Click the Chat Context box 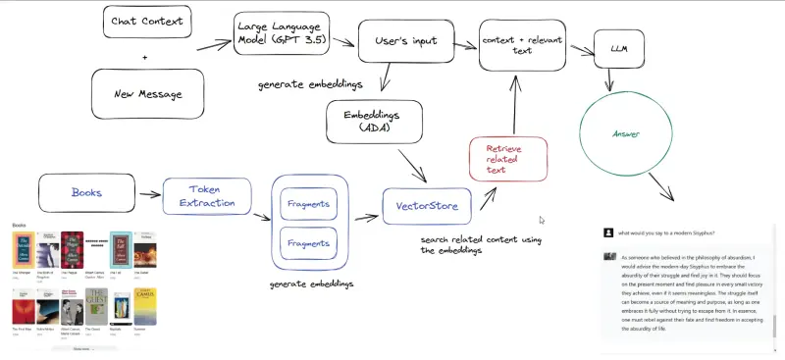(x=145, y=21)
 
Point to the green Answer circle (x=627, y=133)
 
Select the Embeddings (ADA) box (x=374, y=122)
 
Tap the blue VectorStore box (x=427, y=207)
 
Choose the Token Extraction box (x=207, y=196)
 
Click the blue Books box (x=86, y=192)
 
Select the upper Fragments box (x=309, y=206)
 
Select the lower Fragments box (x=309, y=241)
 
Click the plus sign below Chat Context (x=145, y=58)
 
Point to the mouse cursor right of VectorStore (x=542, y=221)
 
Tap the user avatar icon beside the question (x=609, y=232)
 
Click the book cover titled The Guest (x=95, y=305)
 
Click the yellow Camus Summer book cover (x=144, y=305)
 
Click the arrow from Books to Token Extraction (x=147, y=192)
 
